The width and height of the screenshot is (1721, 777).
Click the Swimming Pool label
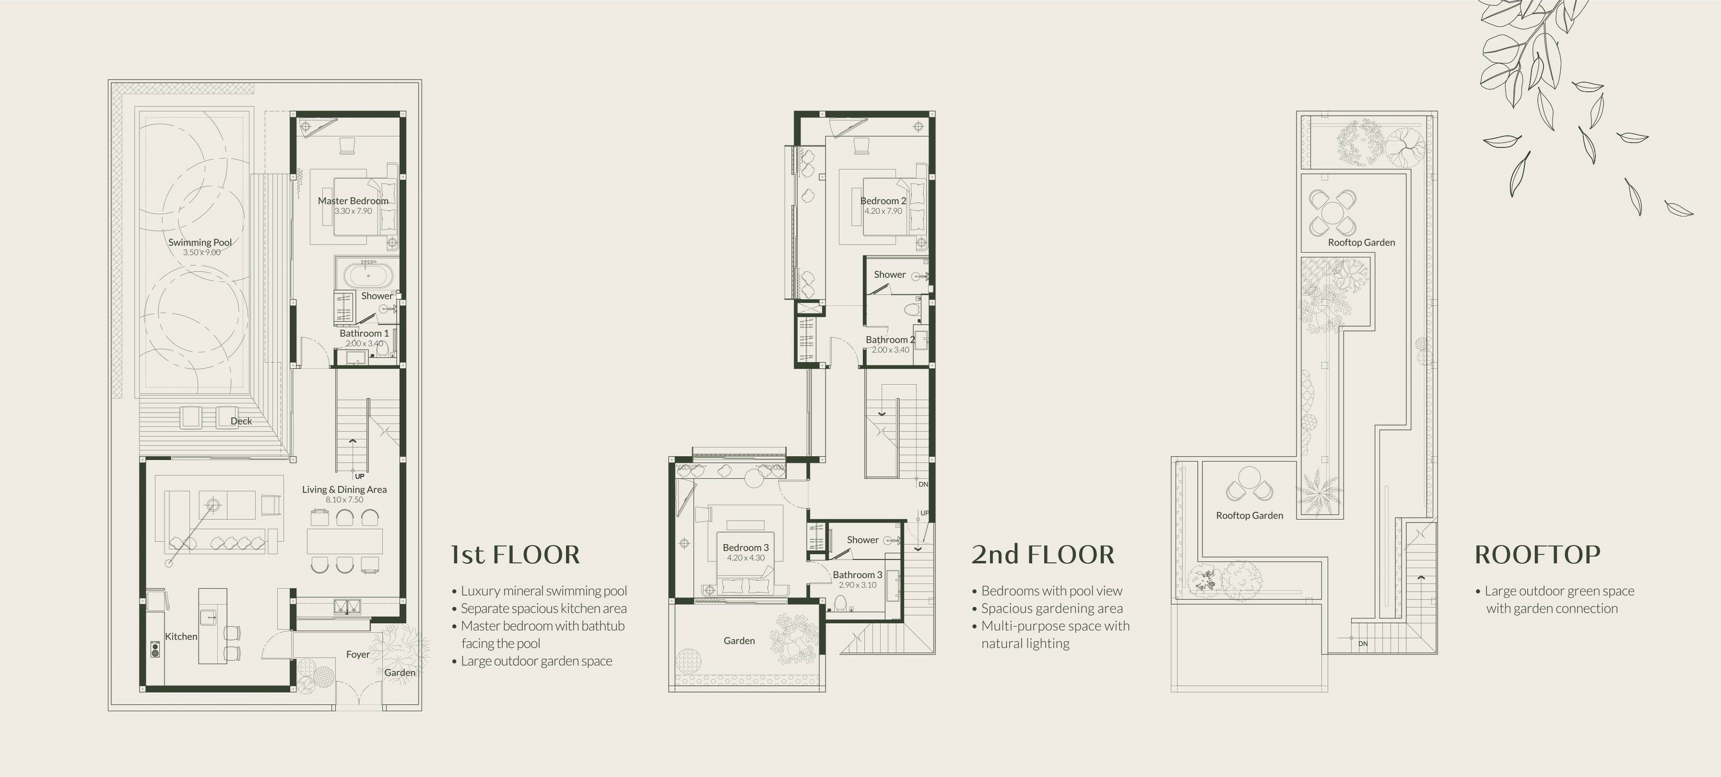200,243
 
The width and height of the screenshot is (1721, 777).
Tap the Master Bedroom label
353,201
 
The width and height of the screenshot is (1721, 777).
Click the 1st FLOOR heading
515,554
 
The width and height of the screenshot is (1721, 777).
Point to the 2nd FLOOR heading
1043,554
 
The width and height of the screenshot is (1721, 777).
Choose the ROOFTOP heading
1537,554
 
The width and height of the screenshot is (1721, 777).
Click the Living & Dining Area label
344,489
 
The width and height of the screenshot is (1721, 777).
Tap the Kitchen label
181,637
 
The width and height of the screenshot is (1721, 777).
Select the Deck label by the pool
241,421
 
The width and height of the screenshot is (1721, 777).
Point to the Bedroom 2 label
883,201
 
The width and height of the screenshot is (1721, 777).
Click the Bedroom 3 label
745,547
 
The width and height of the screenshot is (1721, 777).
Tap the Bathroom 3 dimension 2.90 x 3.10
857,585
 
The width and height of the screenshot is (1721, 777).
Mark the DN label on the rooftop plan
1363,644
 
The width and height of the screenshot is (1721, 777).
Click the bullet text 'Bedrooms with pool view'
1051,591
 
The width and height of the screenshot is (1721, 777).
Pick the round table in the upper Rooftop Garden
1333,213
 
